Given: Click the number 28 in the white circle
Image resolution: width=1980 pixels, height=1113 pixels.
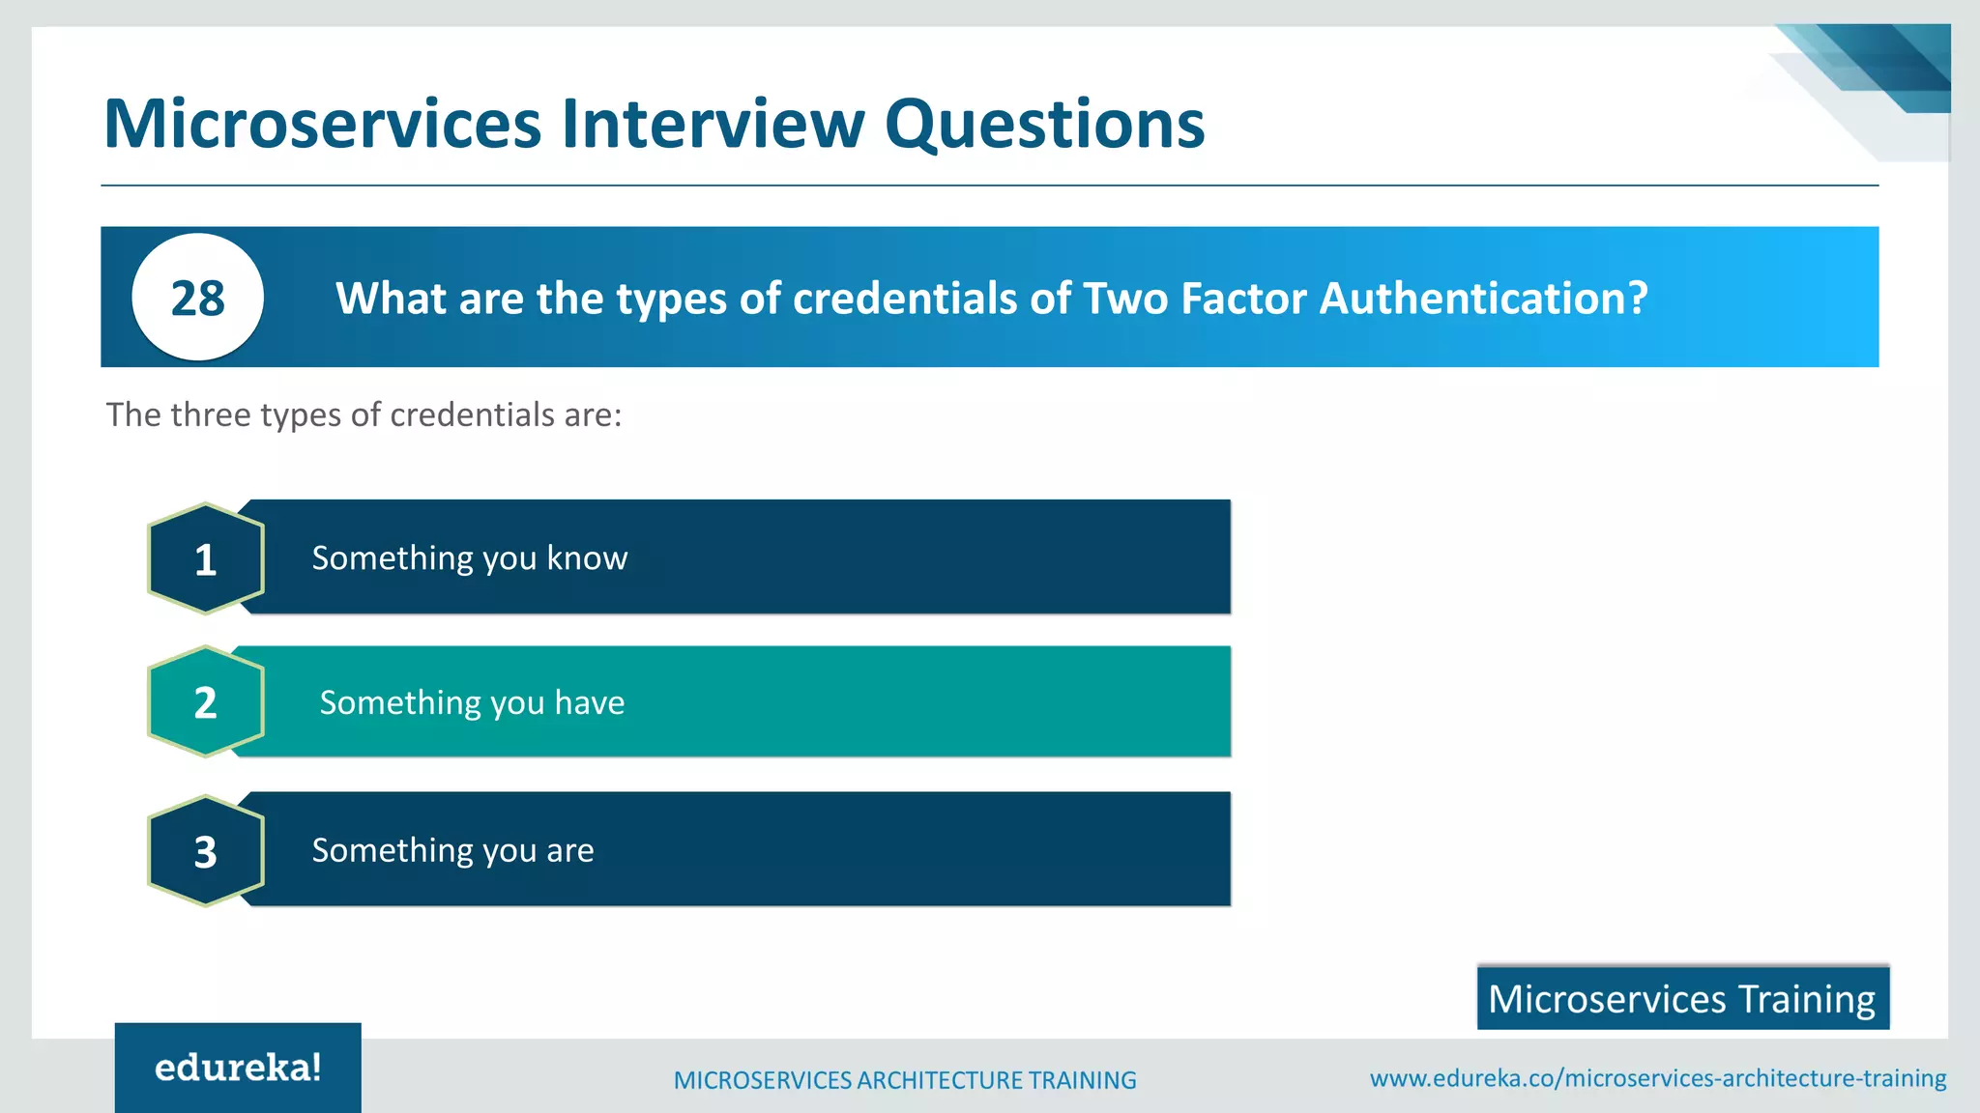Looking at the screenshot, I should coord(197,298).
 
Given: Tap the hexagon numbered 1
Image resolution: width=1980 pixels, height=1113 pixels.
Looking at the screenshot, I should coord(205,558).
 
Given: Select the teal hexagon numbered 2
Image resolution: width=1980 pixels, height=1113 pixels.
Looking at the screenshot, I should coord(205,701).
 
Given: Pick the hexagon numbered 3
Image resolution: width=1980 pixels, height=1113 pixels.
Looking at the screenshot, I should coord(205,850).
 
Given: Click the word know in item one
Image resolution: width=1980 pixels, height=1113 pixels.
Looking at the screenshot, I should coord(587,558).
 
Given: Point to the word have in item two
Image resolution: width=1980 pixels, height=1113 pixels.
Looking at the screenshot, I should coord(589,702).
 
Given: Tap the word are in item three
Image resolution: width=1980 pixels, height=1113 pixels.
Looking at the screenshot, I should coord(569,851).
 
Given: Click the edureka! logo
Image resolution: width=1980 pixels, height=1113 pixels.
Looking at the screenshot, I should coord(238,1068).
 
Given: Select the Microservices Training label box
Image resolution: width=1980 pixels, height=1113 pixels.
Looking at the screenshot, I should coord(1682,998).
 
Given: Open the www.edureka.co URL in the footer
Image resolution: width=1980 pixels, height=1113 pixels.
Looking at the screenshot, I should coord(1657,1078).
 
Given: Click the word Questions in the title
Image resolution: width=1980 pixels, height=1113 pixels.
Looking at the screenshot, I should coord(1044,124).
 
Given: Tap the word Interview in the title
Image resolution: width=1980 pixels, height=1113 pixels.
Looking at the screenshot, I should coord(713,124).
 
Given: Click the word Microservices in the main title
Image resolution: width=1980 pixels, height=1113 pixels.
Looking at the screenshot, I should coord(322,124).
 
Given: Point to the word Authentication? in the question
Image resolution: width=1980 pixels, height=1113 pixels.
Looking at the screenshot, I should coord(1483,298).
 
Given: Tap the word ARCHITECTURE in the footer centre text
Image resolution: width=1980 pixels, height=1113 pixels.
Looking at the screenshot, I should coord(939,1080).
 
